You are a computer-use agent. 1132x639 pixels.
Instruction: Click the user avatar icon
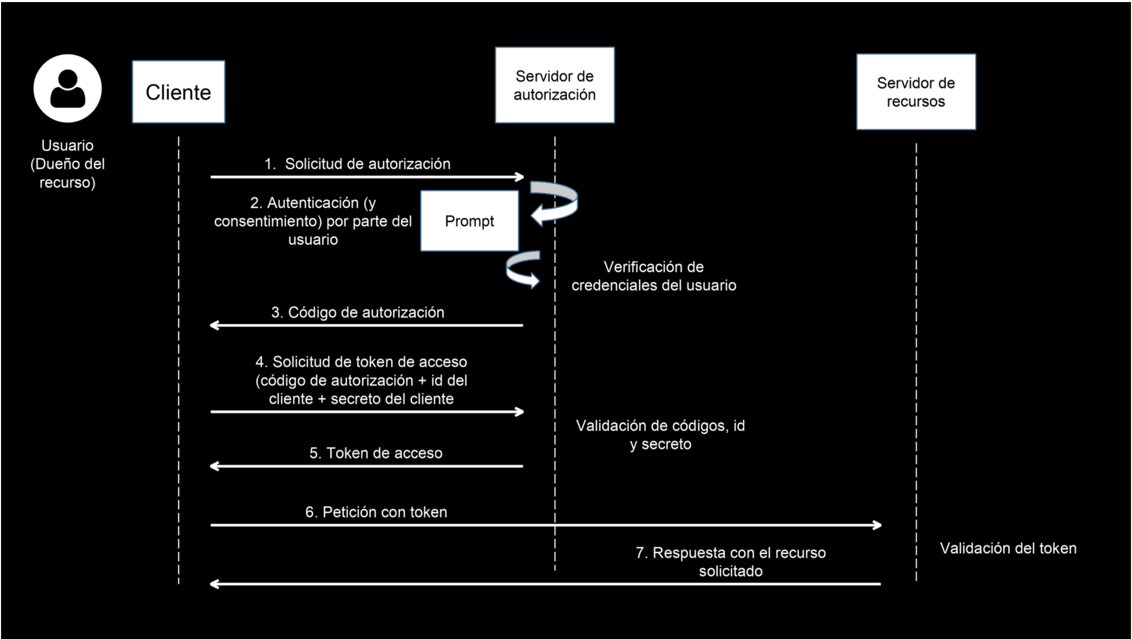[68, 88]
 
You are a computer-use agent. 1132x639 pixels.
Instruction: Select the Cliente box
[178, 92]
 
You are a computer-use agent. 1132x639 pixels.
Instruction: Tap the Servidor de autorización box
[555, 85]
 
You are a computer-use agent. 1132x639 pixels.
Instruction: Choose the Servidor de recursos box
[916, 92]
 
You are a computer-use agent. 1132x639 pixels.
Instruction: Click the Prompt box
[469, 221]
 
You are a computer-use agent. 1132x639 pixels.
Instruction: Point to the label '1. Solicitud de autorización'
[358, 164]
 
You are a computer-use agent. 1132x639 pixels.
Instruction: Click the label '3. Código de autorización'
[358, 313]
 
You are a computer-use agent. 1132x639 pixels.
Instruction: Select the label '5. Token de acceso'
[376, 453]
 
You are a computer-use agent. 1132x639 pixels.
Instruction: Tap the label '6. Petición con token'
[376, 512]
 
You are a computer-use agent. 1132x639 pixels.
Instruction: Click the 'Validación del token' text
[1008, 549]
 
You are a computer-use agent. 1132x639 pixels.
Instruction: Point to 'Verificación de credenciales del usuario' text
[653, 276]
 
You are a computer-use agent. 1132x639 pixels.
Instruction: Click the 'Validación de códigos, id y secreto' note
[660, 435]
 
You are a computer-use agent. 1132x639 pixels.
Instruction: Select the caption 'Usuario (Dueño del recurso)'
[68, 164]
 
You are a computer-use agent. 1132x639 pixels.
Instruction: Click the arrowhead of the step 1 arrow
[519, 177]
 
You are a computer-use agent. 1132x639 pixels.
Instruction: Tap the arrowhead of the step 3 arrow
[214, 326]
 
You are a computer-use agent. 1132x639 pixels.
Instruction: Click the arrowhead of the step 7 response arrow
[214, 584]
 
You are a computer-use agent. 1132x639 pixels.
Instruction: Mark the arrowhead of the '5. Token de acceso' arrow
[214, 467]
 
